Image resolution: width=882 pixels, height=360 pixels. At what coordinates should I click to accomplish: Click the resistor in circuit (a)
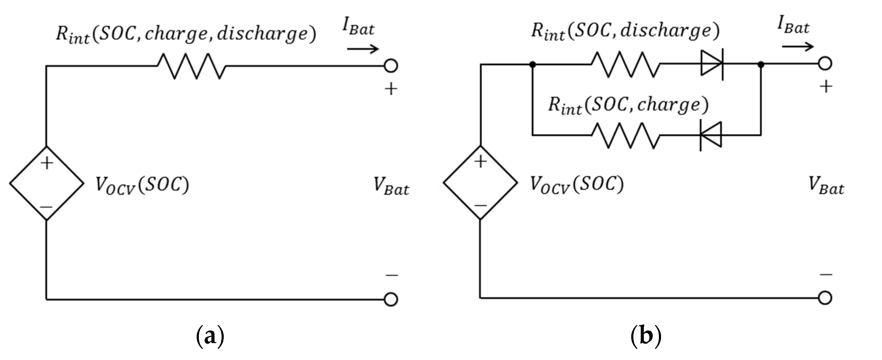click(191, 66)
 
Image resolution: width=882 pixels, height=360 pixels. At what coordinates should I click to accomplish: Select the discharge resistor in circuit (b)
click(625, 64)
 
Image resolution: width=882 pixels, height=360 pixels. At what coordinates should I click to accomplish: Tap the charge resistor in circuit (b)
click(625, 136)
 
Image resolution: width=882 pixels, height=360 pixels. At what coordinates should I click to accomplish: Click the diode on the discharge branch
click(712, 64)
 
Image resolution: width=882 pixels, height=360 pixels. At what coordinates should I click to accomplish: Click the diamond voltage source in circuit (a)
click(47, 183)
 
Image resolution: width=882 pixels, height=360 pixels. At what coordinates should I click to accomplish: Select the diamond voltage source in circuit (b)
click(480, 183)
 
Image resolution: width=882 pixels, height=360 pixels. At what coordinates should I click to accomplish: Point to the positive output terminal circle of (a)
click(391, 66)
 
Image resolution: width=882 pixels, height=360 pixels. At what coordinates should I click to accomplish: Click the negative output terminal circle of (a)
click(391, 299)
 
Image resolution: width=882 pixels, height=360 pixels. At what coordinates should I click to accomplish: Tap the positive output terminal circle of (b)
click(825, 64)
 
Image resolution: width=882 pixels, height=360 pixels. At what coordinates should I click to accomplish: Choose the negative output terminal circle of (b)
click(825, 298)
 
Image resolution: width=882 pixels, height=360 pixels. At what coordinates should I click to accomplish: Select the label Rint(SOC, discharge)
click(625, 32)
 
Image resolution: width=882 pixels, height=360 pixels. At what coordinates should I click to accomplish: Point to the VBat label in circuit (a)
click(391, 187)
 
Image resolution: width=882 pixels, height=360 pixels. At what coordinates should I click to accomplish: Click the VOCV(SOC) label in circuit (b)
click(577, 185)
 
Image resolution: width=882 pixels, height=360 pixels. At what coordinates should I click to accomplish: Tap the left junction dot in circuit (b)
click(532, 64)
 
